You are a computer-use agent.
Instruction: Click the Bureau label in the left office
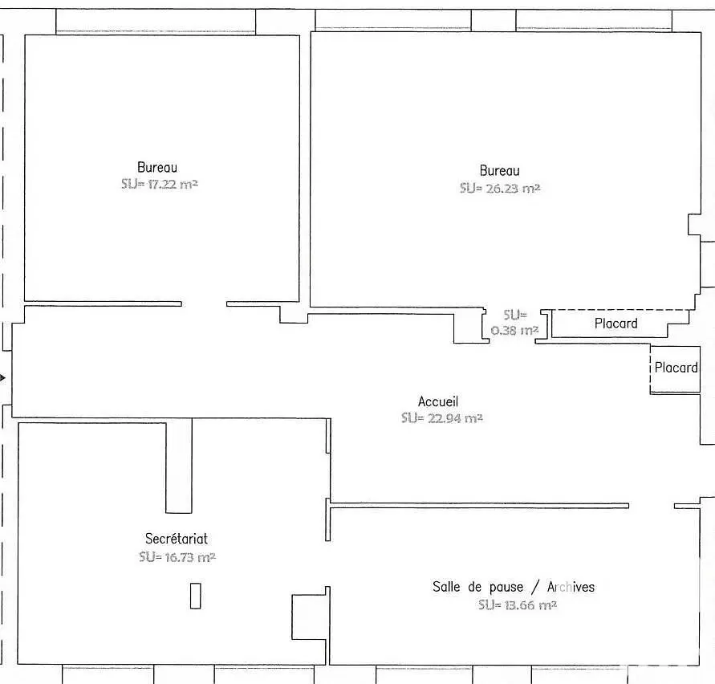point(157,168)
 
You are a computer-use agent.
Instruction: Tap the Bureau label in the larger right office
point(499,170)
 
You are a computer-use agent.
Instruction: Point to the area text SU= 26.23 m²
point(499,188)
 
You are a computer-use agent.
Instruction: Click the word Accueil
point(438,401)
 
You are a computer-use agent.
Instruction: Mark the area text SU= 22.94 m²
point(441,418)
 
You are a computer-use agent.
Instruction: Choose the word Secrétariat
point(176,539)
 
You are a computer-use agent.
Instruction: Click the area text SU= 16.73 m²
point(177,556)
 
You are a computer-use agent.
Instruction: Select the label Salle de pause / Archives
point(514,587)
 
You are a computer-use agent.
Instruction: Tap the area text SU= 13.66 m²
point(517,605)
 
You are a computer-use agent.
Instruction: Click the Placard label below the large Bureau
point(615,324)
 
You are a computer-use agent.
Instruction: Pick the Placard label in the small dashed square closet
point(676,368)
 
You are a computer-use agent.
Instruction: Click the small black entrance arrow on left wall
point(3,377)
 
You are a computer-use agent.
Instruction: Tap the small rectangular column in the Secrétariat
point(195,595)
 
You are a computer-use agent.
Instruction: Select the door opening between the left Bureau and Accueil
point(204,304)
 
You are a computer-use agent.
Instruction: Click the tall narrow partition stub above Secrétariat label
point(179,466)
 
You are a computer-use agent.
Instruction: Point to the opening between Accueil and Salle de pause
point(651,506)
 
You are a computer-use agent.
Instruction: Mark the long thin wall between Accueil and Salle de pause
point(478,505)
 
